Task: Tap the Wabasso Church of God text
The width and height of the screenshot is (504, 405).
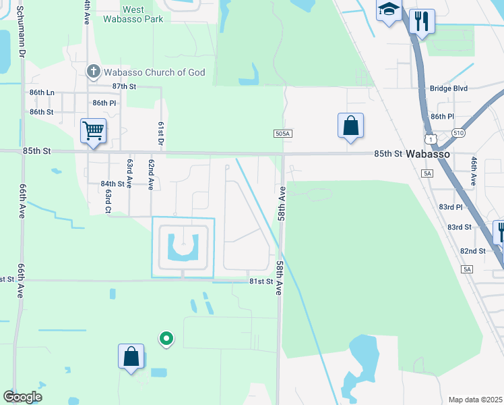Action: [154, 72]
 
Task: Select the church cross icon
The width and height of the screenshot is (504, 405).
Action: [94, 71]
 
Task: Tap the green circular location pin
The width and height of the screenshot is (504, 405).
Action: [165, 338]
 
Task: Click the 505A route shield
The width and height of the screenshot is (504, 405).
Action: [283, 134]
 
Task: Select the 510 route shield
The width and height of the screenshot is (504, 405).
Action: [458, 133]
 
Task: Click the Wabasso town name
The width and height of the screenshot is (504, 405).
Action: [427, 154]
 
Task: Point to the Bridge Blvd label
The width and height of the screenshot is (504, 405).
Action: [448, 88]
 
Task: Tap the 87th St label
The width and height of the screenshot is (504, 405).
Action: [124, 86]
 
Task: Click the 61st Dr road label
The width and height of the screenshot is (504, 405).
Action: [161, 134]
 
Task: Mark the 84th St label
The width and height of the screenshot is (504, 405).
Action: [113, 184]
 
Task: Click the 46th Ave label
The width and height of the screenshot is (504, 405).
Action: [474, 171]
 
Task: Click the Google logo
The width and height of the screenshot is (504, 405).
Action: [23, 397]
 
